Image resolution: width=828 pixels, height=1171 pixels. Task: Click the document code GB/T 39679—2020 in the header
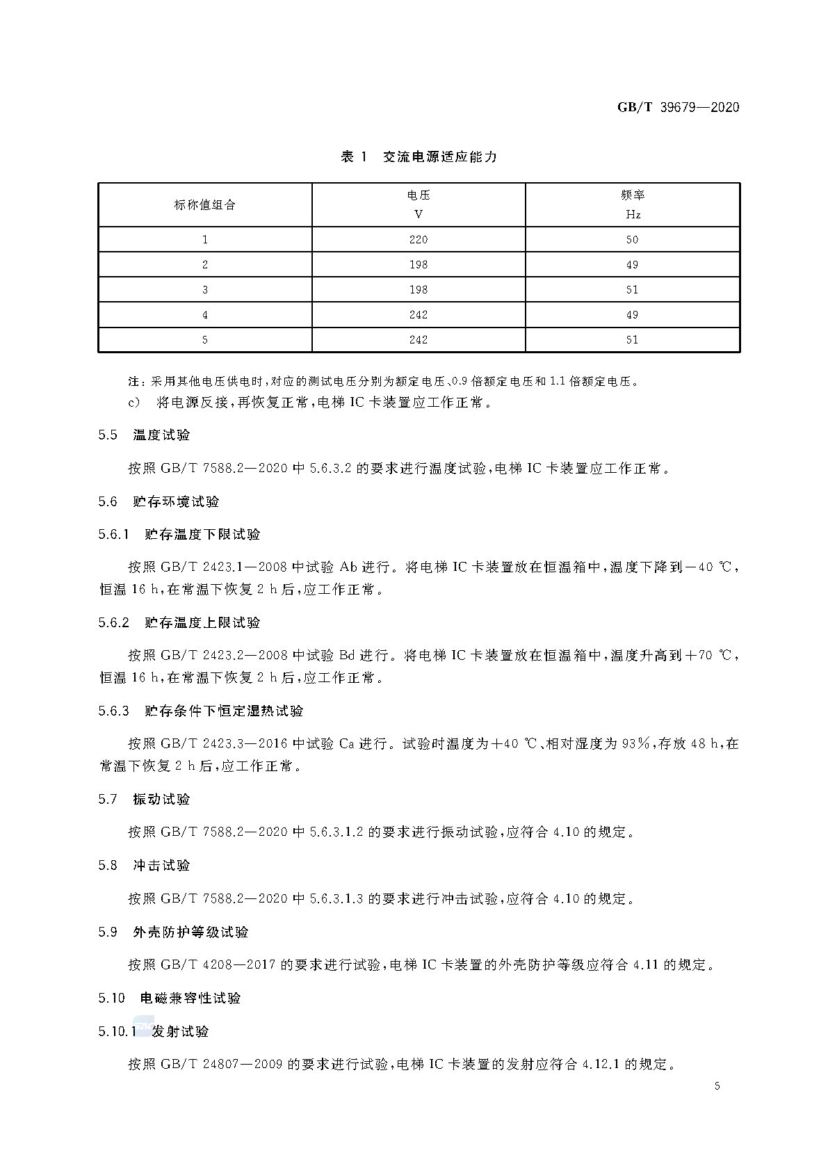(x=678, y=107)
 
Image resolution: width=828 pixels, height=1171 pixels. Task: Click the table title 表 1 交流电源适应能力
(x=419, y=157)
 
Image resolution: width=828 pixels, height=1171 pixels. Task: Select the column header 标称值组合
(x=204, y=205)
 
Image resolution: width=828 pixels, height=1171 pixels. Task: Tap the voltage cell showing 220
(x=419, y=239)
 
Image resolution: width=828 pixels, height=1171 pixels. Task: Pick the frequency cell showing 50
(x=632, y=239)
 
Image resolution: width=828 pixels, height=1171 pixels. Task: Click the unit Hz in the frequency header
(x=633, y=215)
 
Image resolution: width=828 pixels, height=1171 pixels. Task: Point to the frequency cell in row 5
(x=632, y=340)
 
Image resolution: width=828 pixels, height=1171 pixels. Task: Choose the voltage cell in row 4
(x=419, y=315)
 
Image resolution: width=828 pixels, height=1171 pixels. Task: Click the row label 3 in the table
(x=204, y=290)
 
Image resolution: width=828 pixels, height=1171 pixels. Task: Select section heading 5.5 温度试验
(x=144, y=435)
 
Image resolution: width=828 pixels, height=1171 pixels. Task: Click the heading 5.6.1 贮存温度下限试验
(x=179, y=535)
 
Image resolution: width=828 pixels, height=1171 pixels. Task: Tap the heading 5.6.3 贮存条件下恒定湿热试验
(x=201, y=711)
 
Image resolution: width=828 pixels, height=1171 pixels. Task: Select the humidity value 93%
(x=635, y=744)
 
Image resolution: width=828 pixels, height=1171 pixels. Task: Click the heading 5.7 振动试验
(x=144, y=800)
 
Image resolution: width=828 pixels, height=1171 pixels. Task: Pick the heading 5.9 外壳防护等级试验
(x=173, y=932)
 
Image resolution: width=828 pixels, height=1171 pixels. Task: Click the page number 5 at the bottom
(x=717, y=1086)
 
